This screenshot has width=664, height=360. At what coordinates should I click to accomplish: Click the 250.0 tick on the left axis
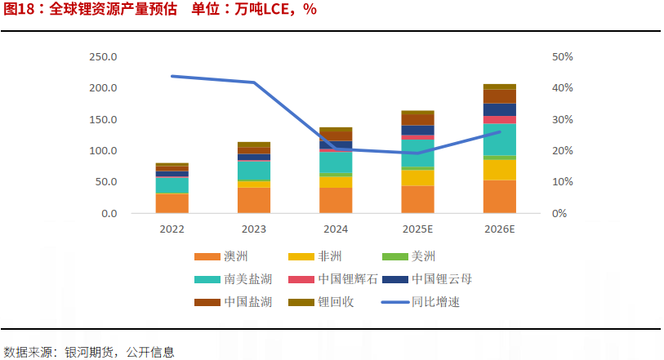click(103, 57)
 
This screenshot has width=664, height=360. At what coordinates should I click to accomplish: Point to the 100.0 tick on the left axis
click(103, 151)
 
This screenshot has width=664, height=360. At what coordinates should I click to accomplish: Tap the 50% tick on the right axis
click(563, 57)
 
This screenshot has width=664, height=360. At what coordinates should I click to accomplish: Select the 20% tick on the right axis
click(563, 151)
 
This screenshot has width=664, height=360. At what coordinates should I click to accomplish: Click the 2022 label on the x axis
click(172, 229)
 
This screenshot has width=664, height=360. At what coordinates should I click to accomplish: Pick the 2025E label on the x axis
click(417, 229)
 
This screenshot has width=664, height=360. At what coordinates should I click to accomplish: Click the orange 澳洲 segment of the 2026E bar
click(499, 197)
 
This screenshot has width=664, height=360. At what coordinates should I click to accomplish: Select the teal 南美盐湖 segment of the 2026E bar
click(499, 140)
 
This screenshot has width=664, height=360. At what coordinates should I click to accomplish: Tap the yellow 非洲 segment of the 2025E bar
click(417, 177)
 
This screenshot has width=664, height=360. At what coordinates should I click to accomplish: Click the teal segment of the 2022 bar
click(172, 184)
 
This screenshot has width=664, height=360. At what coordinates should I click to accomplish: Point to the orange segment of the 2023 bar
click(253, 201)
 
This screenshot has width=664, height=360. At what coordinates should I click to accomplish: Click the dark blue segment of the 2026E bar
click(499, 109)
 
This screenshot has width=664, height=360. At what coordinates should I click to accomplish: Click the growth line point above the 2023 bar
click(254, 82)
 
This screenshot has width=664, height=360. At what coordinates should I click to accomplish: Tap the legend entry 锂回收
click(336, 302)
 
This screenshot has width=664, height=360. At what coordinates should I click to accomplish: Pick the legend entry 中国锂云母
click(442, 279)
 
